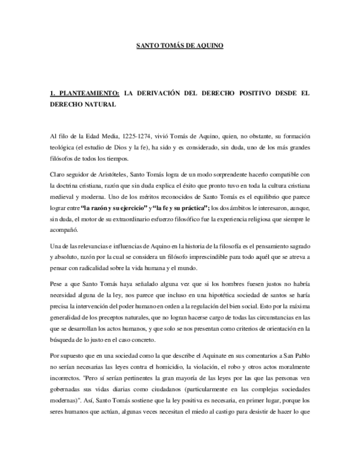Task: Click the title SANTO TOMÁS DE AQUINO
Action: coord(180,47)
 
